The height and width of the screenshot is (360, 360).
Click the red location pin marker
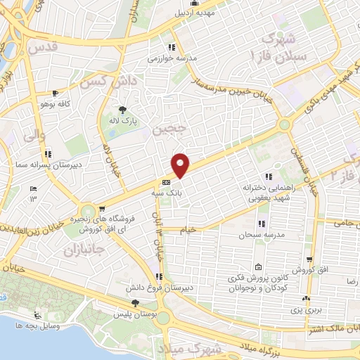pos(181,165)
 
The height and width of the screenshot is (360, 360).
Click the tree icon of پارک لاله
pos(123,110)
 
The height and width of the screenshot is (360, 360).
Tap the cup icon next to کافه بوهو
pos(55,94)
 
